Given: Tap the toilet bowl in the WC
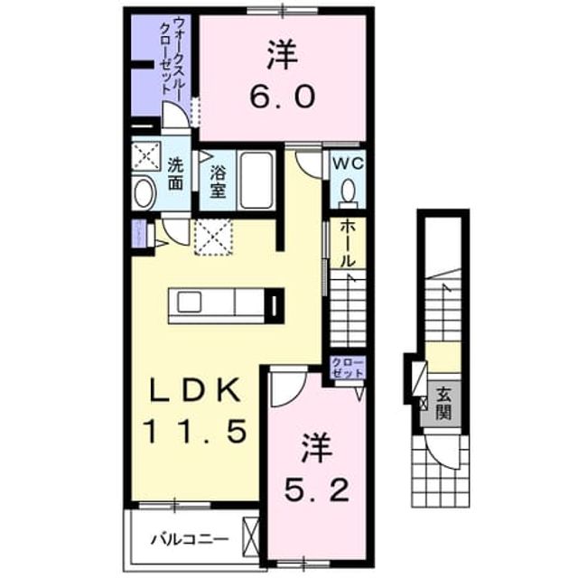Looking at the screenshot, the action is click(x=348, y=191).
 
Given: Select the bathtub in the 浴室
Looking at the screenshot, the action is click(x=256, y=181).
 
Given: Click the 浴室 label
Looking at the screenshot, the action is click(x=218, y=181).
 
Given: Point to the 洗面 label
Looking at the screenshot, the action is click(x=175, y=174).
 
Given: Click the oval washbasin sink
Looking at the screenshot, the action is click(x=144, y=192).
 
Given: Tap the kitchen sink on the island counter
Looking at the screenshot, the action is click(x=190, y=302).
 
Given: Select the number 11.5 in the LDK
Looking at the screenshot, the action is click(x=192, y=432).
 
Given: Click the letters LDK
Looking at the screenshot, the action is click(x=194, y=391).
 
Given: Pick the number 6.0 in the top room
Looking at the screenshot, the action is click(x=283, y=95).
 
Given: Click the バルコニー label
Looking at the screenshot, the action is click(x=191, y=540).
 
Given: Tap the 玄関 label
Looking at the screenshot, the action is click(x=443, y=404).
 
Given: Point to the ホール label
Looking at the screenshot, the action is click(x=347, y=244).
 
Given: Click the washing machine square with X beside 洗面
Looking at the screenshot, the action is click(x=146, y=156).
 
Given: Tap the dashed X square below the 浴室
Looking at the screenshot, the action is click(x=214, y=237).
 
